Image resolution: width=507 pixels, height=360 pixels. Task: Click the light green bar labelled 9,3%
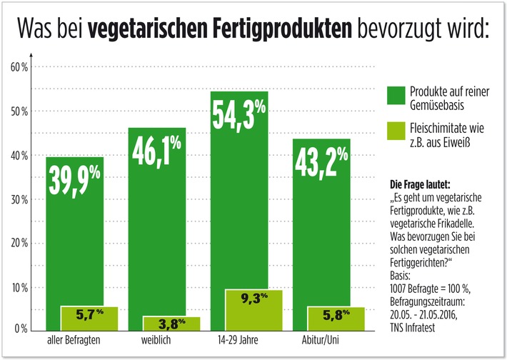pos(254,309)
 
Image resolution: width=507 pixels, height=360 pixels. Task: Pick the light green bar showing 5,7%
pos(89,317)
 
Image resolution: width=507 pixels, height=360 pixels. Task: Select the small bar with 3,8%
pos(171,322)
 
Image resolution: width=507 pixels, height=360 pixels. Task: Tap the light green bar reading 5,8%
pos(335,318)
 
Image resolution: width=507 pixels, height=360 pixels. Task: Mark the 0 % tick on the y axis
pos(21,329)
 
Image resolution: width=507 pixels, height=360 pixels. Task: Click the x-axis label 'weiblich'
pos(157,341)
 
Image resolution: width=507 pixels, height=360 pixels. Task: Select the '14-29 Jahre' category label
pos(239,341)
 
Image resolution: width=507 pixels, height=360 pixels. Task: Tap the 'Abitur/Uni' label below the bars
pos(321,341)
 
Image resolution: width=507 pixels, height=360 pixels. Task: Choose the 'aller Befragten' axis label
pos(75,341)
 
